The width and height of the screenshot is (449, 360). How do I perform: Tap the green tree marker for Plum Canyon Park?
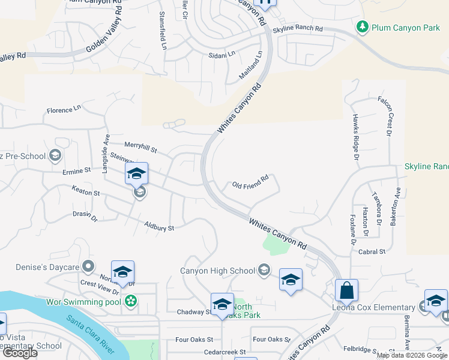(362, 26)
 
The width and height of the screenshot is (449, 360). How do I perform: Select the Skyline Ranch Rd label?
(298, 29)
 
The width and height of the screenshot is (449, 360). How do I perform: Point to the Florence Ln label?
(64, 110)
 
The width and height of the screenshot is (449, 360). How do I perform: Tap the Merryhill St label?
(140, 145)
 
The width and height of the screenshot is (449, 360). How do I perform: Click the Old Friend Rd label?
(250, 181)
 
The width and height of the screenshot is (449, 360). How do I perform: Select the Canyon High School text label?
(218, 271)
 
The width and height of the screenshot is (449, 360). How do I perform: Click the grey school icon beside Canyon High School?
(264, 271)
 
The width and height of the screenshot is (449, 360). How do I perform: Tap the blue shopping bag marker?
(346, 290)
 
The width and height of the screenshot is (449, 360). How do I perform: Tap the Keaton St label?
(85, 193)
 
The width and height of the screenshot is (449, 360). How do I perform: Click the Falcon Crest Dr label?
(388, 116)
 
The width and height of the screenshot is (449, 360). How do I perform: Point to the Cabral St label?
(372, 252)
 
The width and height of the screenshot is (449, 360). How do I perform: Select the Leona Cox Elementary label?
(375, 308)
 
